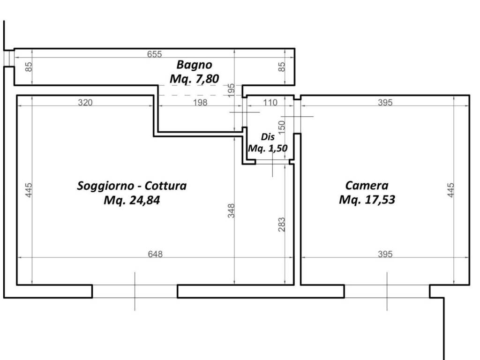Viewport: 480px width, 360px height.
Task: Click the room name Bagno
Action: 195,65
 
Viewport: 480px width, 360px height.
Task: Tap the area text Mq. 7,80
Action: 195,79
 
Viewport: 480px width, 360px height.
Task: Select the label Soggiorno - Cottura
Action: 132,186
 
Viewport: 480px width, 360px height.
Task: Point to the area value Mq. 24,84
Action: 132,200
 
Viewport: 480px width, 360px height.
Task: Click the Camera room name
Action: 367,185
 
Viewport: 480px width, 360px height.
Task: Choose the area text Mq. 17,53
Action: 367,200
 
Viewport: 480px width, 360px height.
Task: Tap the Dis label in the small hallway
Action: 268,137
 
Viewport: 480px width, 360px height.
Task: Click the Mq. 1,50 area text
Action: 268,149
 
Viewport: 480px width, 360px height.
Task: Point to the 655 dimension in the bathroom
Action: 154,54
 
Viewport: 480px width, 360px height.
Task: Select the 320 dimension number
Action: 85,103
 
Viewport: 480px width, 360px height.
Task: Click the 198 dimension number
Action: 200,103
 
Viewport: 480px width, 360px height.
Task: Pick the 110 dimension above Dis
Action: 270,103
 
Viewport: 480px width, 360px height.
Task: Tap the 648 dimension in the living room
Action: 155,254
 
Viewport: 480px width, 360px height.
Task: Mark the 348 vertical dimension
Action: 231,210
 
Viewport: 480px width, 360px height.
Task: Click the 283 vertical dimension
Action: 282,225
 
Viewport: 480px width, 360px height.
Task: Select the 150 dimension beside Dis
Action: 282,127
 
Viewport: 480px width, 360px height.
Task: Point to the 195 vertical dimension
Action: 231,90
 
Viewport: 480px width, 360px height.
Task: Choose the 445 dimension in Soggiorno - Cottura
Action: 28,190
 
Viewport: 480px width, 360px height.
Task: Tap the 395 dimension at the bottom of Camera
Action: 385,254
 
